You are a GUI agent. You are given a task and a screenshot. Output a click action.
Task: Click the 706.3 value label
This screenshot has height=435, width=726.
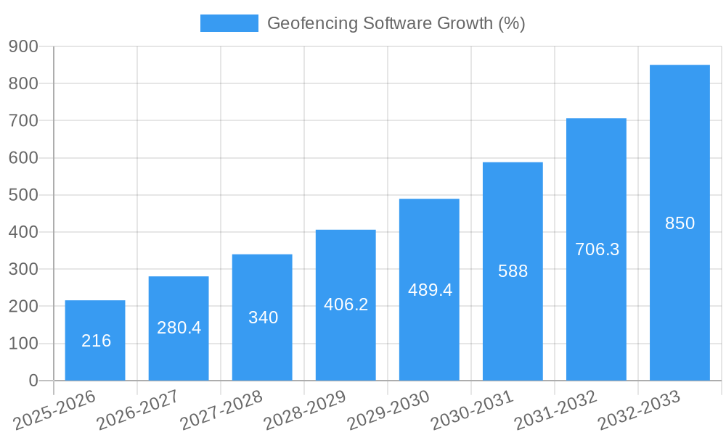point(597,249)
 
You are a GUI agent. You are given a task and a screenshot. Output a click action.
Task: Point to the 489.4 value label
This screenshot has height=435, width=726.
point(430,290)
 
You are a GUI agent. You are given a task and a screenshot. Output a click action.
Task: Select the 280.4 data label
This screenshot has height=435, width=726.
point(179,328)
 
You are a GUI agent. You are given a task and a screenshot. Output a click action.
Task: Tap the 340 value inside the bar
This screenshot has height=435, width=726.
point(263,318)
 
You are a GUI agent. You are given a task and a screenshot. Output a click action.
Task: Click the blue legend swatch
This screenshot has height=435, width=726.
point(229,23)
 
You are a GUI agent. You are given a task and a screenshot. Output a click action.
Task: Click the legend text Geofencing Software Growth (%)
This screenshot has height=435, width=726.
point(396,23)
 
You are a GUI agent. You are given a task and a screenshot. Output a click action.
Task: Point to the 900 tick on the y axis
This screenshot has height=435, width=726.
point(23,46)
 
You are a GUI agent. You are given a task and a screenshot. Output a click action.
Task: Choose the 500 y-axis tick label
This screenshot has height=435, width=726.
point(23,195)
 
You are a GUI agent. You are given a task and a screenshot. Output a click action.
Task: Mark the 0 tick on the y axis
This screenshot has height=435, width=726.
point(33,381)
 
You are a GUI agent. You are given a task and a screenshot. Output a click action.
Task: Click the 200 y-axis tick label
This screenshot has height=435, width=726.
point(23,306)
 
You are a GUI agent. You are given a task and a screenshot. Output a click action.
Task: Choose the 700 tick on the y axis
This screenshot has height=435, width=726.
point(23,120)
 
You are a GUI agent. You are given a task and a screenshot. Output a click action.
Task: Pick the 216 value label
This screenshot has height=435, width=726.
point(96,341)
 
